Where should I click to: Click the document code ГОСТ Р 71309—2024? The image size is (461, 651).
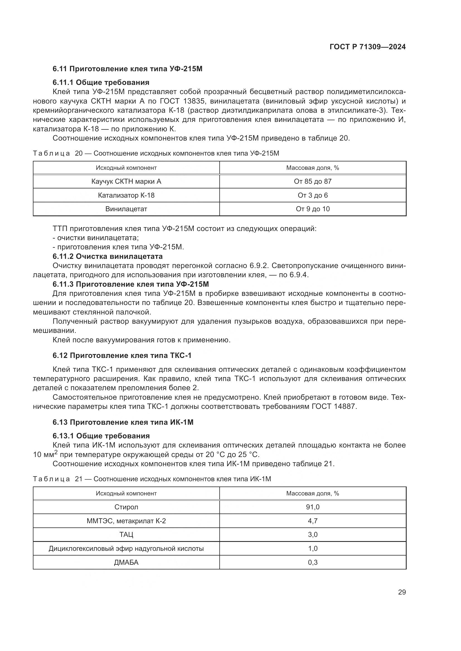(x=368, y=47)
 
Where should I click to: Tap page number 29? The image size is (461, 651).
(x=402, y=592)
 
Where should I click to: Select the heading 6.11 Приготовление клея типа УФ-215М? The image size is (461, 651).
(x=127, y=69)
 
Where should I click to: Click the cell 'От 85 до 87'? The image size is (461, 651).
(x=312, y=181)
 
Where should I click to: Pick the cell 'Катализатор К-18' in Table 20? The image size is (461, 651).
(x=126, y=195)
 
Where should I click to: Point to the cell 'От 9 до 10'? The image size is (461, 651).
(x=312, y=209)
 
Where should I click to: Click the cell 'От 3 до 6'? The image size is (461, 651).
(x=312, y=195)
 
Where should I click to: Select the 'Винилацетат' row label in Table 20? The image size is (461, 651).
(x=126, y=209)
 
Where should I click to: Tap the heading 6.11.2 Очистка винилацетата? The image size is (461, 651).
(x=108, y=256)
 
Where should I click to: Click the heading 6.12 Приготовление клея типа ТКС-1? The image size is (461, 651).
(x=122, y=355)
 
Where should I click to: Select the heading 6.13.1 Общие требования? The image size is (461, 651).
(x=101, y=436)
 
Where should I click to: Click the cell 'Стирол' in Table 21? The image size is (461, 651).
(x=126, y=507)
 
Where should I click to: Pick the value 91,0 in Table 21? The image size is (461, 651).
(x=312, y=507)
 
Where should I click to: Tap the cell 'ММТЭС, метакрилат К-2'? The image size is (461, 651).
(x=126, y=521)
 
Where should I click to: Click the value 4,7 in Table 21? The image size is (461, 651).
(x=312, y=521)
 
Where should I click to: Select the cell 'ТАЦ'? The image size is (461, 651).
(x=126, y=534)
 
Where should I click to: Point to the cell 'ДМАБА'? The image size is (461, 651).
(x=126, y=562)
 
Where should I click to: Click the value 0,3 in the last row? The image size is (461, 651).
(x=312, y=562)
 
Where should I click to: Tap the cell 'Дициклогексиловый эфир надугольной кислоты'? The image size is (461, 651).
(x=126, y=548)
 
